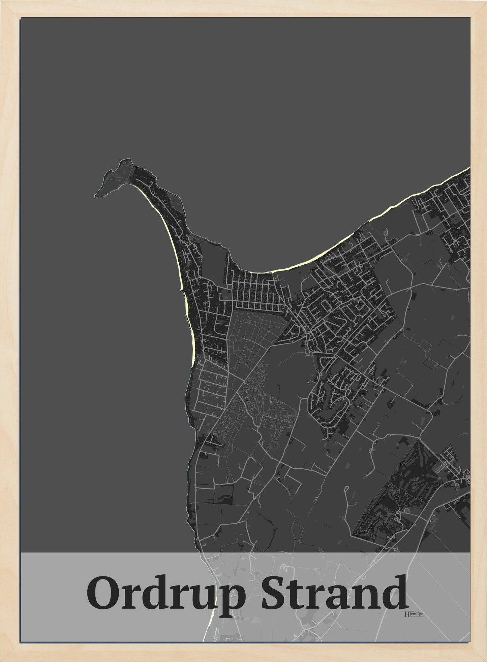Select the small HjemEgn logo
click(x=413, y=614)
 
